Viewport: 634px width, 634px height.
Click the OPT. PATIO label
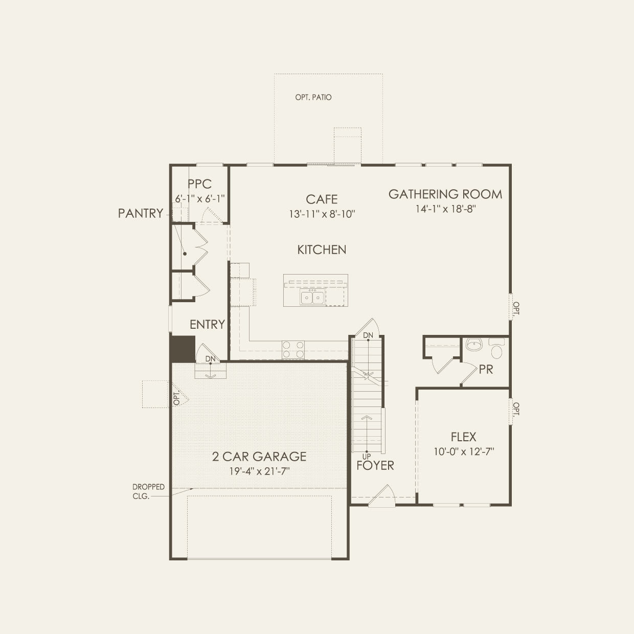click(x=313, y=97)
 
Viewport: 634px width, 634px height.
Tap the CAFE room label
click(x=322, y=199)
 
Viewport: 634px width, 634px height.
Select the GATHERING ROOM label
click(x=445, y=194)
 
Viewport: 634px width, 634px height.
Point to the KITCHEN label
click(x=322, y=250)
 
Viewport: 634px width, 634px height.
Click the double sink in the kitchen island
click(x=312, y=297)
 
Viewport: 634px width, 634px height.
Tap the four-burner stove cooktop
click(x=293, y=350)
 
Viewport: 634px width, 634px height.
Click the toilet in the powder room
click(x=496, y=348)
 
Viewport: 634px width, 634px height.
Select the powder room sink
click(x=474, y=345)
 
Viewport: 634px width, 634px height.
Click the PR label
click(x=486, y=370)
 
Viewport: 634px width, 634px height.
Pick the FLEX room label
click(x=463, y=437)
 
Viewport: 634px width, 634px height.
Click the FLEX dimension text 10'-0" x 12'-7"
click(x=464, y=452)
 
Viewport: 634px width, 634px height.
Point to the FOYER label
click(x=375, y=465)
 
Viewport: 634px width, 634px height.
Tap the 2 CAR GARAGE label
click(x=259, y=457)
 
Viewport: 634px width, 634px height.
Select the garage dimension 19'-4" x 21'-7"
click(x=259, y=471)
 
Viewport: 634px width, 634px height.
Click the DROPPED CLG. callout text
click(x=148, y=491)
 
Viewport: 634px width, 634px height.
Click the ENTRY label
click(x=207, y=324)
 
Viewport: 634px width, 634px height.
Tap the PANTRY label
click(x=141, y=213)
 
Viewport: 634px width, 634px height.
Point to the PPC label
click(x=199, y=184)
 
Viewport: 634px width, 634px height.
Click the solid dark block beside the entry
click(x=182, y=349)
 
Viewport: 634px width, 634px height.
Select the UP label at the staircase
click(x=366, y=457)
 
